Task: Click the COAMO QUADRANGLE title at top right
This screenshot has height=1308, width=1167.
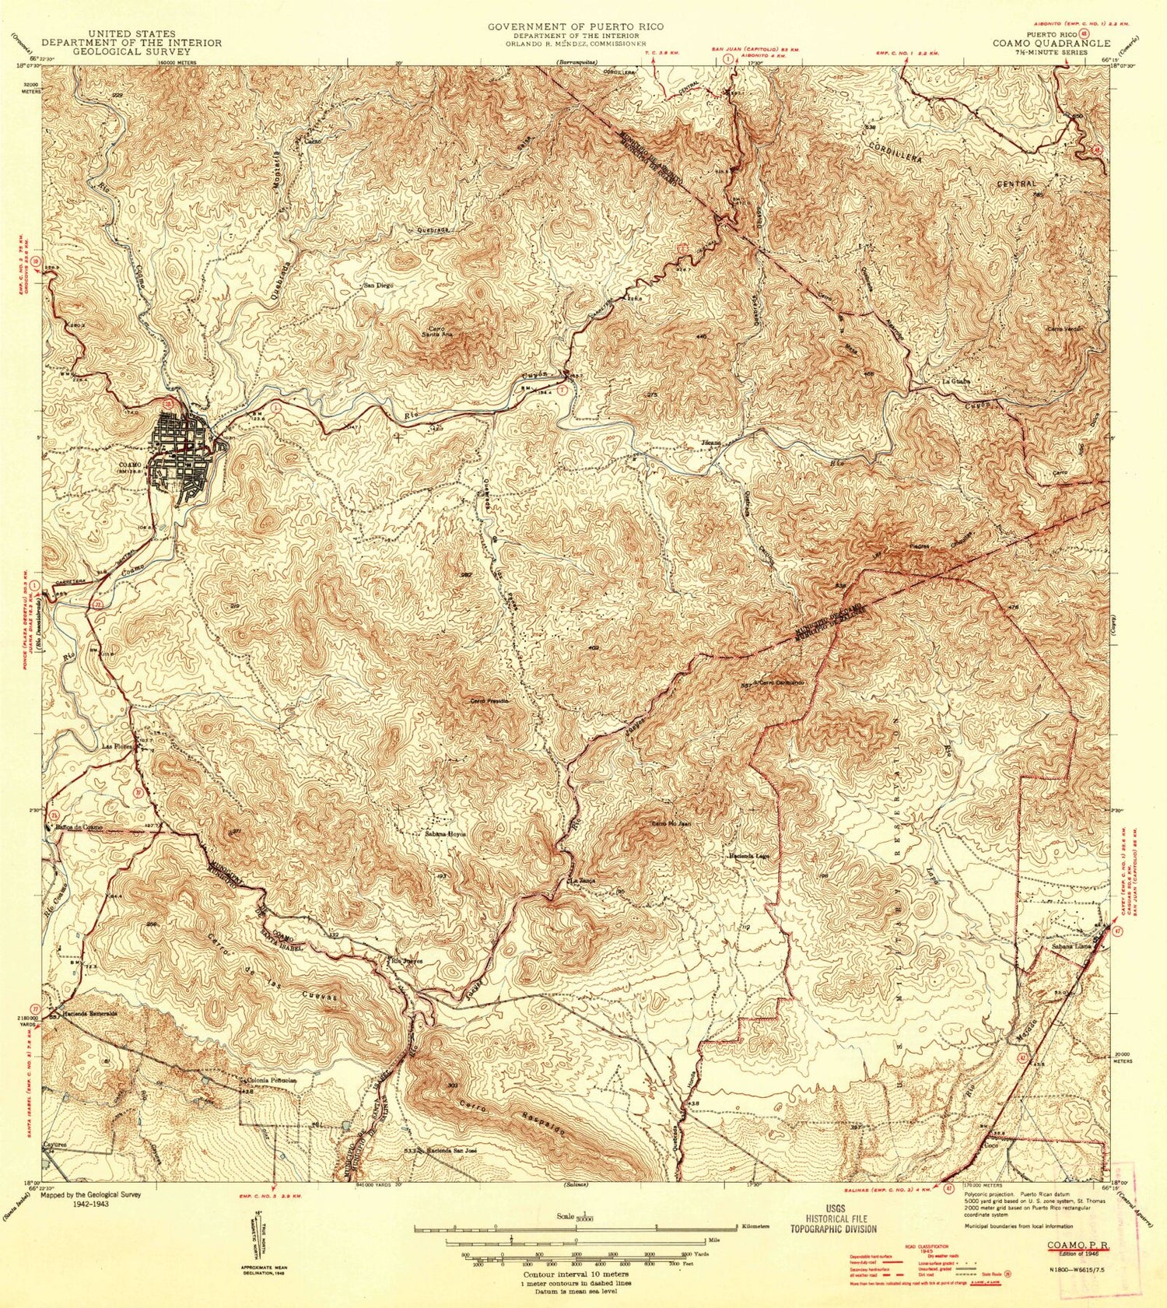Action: click(x=1050, y=44)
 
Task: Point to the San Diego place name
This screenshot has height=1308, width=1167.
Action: click(x=379, y=286)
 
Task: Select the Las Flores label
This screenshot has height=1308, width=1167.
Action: click(x=120, y=746)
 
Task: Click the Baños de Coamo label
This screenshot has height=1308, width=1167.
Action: click(x=79, y=828)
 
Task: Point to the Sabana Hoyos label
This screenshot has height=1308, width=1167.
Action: click(x=445, y=833)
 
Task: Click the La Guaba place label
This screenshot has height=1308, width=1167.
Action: click(x=955, y=381)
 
